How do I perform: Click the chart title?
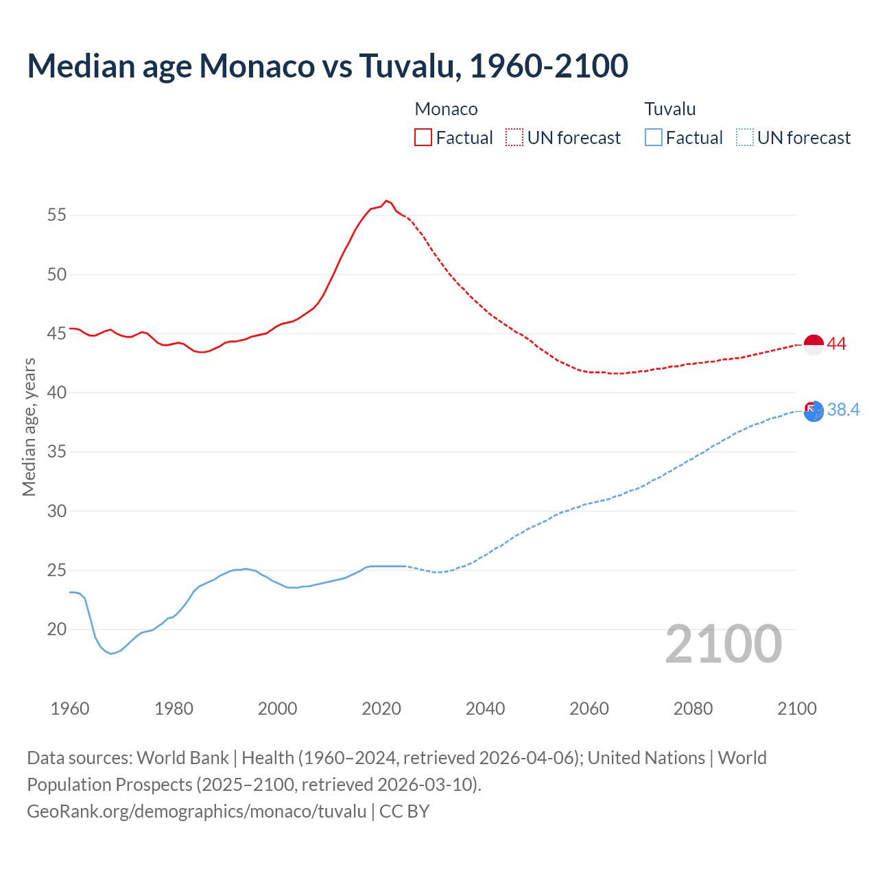click(x=327, y=66)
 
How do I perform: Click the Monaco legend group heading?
click(x=446, y=109)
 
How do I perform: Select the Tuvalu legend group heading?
click(x=669, y=109)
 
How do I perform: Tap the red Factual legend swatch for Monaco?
click(x=423, y=138)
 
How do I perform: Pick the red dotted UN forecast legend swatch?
click(x=514, y=138)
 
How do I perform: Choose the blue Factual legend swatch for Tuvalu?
click(x=653, y=138)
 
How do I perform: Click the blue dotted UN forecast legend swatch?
click(x=744, y=138)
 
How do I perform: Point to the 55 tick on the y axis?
click(x=57, y=215)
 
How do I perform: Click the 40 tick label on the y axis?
click(x=57, y=393)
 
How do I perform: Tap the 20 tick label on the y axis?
click(x=57, y=630)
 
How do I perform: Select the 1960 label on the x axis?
click(x=70, y=709)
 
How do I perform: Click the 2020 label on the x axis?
click(x=381, y=709)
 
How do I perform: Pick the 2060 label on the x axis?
click(x=589, y=709)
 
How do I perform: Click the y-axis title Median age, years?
click(x=29, y=427)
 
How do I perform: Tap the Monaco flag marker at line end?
click(x=814, y=345)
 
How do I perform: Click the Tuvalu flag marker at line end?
click(x=814, y=411)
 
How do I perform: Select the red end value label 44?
click(x=836, y=344)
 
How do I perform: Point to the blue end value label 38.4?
click(x=843, y=410)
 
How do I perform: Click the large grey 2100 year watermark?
click(x=723, y=644)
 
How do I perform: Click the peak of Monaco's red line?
click(x=386, y=201)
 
